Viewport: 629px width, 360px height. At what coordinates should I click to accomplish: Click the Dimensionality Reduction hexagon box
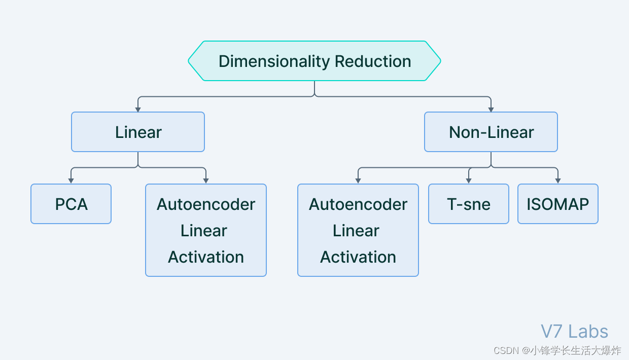pos(314,61)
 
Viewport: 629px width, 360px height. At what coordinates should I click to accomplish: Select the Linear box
pos(138,132)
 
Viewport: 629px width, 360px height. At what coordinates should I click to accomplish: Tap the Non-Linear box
pos(491,132)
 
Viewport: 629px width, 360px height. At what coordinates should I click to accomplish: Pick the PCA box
pos(71,204)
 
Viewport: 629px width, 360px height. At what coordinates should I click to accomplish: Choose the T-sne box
pos(469,204)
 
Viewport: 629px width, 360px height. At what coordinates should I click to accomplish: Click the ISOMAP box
pos(558,204)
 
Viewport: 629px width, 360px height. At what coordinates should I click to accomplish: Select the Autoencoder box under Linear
pos(206,230)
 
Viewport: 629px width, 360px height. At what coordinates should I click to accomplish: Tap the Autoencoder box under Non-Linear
pos(358,230)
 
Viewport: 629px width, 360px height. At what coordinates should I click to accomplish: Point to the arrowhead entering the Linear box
pos(138,109)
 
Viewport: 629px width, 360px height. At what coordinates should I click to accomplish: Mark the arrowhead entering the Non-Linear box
pos(491,109)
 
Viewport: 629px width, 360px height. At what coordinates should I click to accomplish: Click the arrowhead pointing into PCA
pos(71,181)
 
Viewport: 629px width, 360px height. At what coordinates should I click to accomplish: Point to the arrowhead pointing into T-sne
pos(469,181)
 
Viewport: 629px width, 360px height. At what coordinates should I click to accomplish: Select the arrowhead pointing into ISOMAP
pos(558,181)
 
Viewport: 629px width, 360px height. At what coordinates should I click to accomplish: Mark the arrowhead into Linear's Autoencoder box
pos(206,181)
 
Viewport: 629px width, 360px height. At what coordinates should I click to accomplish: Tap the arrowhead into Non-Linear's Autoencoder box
pos(358,181)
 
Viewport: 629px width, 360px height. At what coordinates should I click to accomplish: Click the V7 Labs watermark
pos(574,332)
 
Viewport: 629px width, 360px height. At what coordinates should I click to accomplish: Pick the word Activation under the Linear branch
pos(206,257)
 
